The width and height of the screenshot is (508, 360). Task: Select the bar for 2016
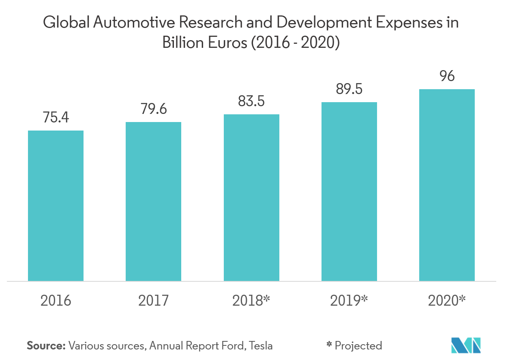click(56, 206)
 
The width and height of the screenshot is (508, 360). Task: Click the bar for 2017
click(153, 201)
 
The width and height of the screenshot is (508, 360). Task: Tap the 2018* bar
click(251, 197)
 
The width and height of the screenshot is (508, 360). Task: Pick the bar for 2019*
click(349, 191)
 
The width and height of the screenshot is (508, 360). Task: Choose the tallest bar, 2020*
click(447, 185)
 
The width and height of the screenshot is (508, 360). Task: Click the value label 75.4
click(56, 118)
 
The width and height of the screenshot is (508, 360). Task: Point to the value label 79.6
click(153, 109)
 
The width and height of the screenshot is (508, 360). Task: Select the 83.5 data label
click(251, 101)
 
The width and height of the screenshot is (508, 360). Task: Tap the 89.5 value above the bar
click(349, 89)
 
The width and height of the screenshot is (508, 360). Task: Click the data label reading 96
click(447, 76)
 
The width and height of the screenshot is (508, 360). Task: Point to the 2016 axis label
click(56, 301)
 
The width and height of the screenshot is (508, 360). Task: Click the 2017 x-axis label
click(153, 301)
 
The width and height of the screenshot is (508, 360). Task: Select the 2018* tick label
click(251, 301)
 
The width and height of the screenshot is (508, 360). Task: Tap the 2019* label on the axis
click(349, 301)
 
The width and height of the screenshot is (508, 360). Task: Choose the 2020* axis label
click(447, 301)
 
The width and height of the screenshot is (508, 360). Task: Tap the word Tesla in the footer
click(261, 346)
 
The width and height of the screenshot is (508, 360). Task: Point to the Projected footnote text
click(358, 346)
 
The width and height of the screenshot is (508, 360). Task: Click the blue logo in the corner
click(466, 344)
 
